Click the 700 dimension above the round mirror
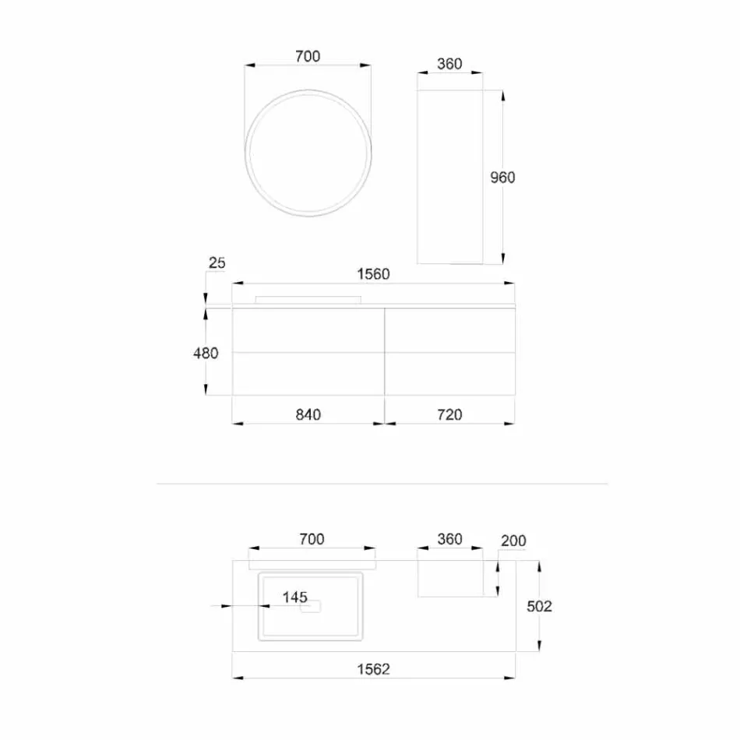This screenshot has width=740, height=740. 308,56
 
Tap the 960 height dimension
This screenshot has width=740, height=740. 502,178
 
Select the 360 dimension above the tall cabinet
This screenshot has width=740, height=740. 449,64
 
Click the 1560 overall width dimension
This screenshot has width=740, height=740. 373,274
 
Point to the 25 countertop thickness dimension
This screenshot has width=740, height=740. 217,263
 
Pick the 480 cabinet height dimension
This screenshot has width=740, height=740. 206,353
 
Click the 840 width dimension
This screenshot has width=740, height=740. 308,414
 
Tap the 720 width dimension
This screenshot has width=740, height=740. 449,414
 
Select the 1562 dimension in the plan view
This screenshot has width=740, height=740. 373,668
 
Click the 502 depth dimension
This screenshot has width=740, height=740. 538,606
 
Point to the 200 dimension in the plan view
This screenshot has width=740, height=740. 513,541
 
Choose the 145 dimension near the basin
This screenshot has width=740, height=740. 294,597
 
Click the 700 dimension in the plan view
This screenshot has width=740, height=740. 311,539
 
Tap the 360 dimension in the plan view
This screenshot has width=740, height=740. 449,539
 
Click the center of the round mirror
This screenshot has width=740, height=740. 308,153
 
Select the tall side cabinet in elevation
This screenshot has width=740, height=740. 449,178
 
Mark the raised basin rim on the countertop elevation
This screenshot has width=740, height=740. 308,299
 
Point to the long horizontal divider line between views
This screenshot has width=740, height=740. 382,484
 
